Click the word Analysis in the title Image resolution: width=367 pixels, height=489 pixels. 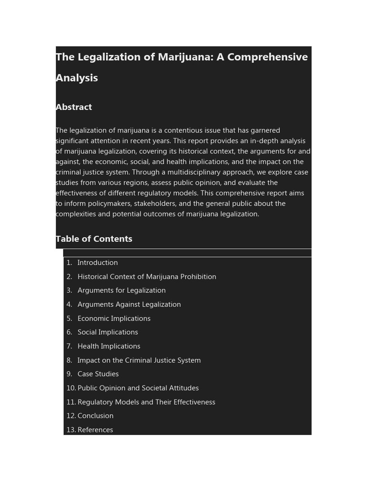coord(77,78)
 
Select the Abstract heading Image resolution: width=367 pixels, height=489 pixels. coord(74,107)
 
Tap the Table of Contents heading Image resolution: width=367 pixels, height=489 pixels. coord(94,239)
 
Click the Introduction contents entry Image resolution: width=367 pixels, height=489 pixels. coord(97,263)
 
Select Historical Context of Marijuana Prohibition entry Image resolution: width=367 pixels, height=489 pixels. coord(147,277)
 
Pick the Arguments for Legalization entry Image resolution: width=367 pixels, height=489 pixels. coord(121,291)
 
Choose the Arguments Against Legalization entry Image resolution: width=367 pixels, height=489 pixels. coord(129,305)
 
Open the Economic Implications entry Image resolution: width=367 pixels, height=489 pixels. coord(114,319)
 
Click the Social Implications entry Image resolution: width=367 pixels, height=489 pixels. coord(108,332)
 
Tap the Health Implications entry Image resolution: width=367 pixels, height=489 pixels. coord(109,347)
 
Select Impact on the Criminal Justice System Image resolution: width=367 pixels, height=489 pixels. coord(139,361)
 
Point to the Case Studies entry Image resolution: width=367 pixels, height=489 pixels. coord(98,374)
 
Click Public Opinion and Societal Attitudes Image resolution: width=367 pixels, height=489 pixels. coord(138,388)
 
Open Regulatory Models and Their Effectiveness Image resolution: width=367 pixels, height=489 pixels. coord(146,403)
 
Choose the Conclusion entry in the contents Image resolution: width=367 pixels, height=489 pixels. coord(96,416)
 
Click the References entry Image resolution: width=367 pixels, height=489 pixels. coord(95,430)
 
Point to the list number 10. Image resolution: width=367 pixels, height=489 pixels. coord(71,388)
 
